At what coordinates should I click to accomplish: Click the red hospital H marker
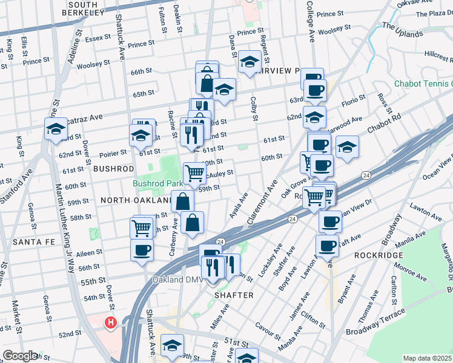coord(111,324)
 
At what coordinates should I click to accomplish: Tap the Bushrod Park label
coord(158,183)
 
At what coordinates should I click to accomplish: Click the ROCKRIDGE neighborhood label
coord(379,255)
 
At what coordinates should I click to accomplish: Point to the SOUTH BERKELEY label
coord(88,8)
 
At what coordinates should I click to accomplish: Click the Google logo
coord(20,356)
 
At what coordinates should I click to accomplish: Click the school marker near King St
coord(56,129)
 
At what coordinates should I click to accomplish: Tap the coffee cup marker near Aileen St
coord(142,250)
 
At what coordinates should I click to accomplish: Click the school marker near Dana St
coord(249,62)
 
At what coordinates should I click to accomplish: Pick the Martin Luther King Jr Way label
coord(68,236)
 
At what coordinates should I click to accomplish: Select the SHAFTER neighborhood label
coord(234,295)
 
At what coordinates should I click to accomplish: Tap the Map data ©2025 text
coord(428,358)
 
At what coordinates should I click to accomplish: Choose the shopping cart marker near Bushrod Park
coord(194,173)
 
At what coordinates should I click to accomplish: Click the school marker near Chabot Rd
coord(347,147)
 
